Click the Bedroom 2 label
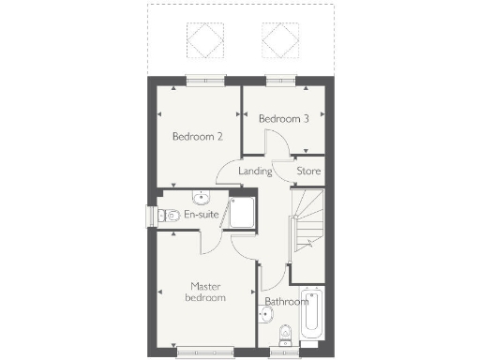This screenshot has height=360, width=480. tap(197, 136)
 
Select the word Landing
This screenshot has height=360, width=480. tap(255, 172)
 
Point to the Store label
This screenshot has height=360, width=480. tap(308, 172)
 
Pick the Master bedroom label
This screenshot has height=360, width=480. tap(207, 292)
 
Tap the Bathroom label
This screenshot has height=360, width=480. tap(286, 302)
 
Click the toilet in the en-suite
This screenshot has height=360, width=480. tap(168, 216)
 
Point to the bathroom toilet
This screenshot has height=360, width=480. tap(286, 334)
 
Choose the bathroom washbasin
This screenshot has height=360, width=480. tap(262, 329)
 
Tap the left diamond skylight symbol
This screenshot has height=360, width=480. tap(205, 39)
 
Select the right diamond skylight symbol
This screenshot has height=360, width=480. tap(277, 39)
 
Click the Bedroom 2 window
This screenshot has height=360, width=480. tap(204, 80)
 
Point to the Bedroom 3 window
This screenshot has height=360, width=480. tap(278, 80)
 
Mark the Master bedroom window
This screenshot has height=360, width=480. tap(204, 352)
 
